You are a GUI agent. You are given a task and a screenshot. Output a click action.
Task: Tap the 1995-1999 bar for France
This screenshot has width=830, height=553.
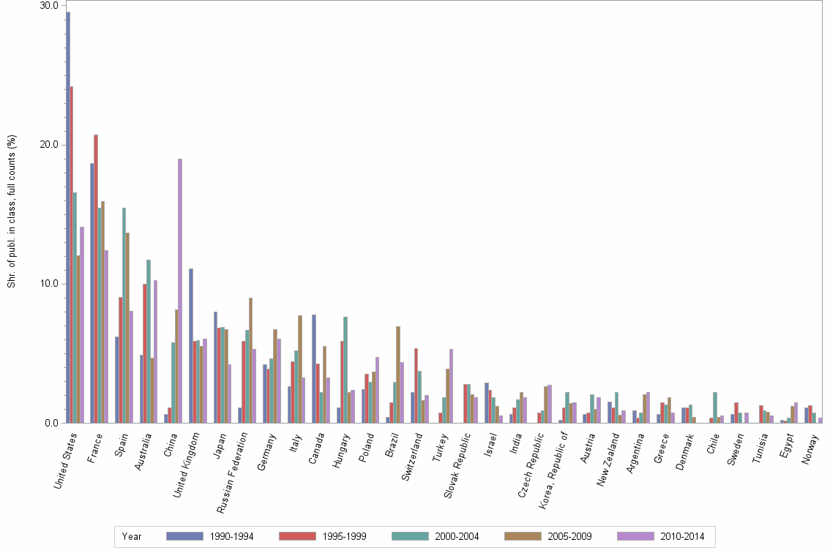(x=96, y=279)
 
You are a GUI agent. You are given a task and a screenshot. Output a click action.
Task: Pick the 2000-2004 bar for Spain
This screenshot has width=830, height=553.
(x=124, y=315)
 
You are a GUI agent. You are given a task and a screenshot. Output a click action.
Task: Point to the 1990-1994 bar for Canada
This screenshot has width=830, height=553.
(x=314, y=369)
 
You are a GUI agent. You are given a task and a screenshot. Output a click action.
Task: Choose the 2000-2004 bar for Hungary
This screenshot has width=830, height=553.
(x=345, y=369)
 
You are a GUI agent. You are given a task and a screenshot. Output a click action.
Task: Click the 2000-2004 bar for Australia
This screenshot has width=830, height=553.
(x=149, y=341)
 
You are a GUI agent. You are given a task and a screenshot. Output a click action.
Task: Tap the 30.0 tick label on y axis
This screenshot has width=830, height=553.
(x=49, y=6)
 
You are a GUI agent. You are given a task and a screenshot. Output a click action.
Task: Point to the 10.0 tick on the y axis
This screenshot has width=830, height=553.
(x=49, y=284)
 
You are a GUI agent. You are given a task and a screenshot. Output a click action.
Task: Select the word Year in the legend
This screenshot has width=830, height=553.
(x=132, y=536)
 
